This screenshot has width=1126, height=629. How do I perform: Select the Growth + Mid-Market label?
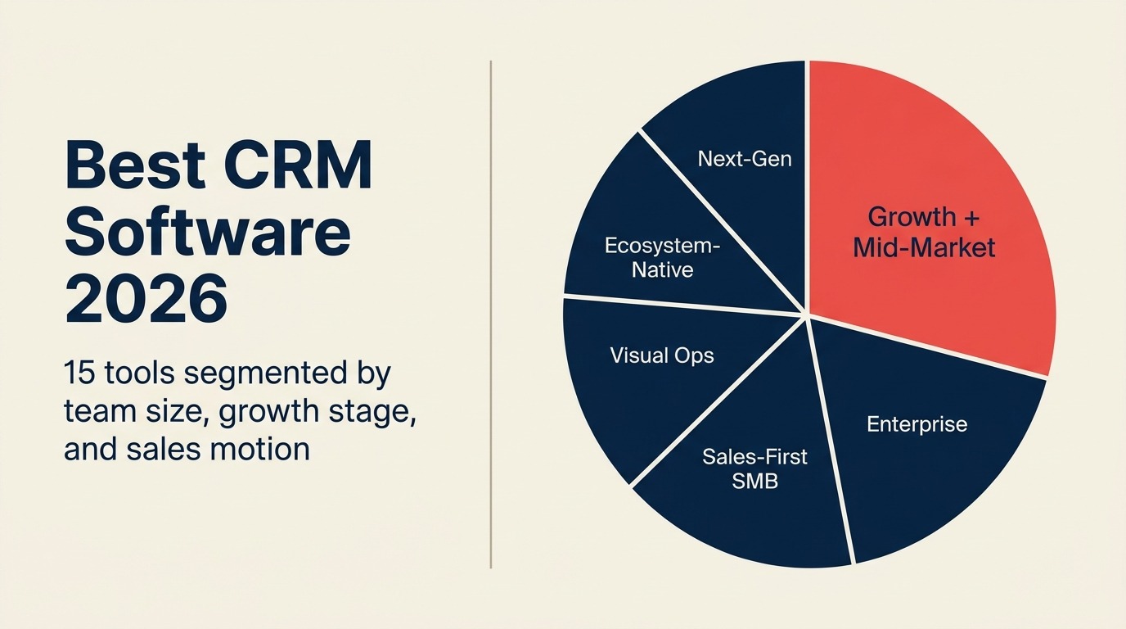click(924, 232)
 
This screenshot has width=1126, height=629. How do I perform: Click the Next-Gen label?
click(745, 158)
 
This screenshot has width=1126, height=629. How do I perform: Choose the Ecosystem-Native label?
click(663, 256)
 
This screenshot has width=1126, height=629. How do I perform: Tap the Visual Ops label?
click(662, 355)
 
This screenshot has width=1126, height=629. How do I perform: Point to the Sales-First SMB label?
click(754, 468)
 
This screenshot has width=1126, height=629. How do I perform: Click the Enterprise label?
click(917, 424)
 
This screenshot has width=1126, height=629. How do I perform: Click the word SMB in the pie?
click(754, 481)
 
